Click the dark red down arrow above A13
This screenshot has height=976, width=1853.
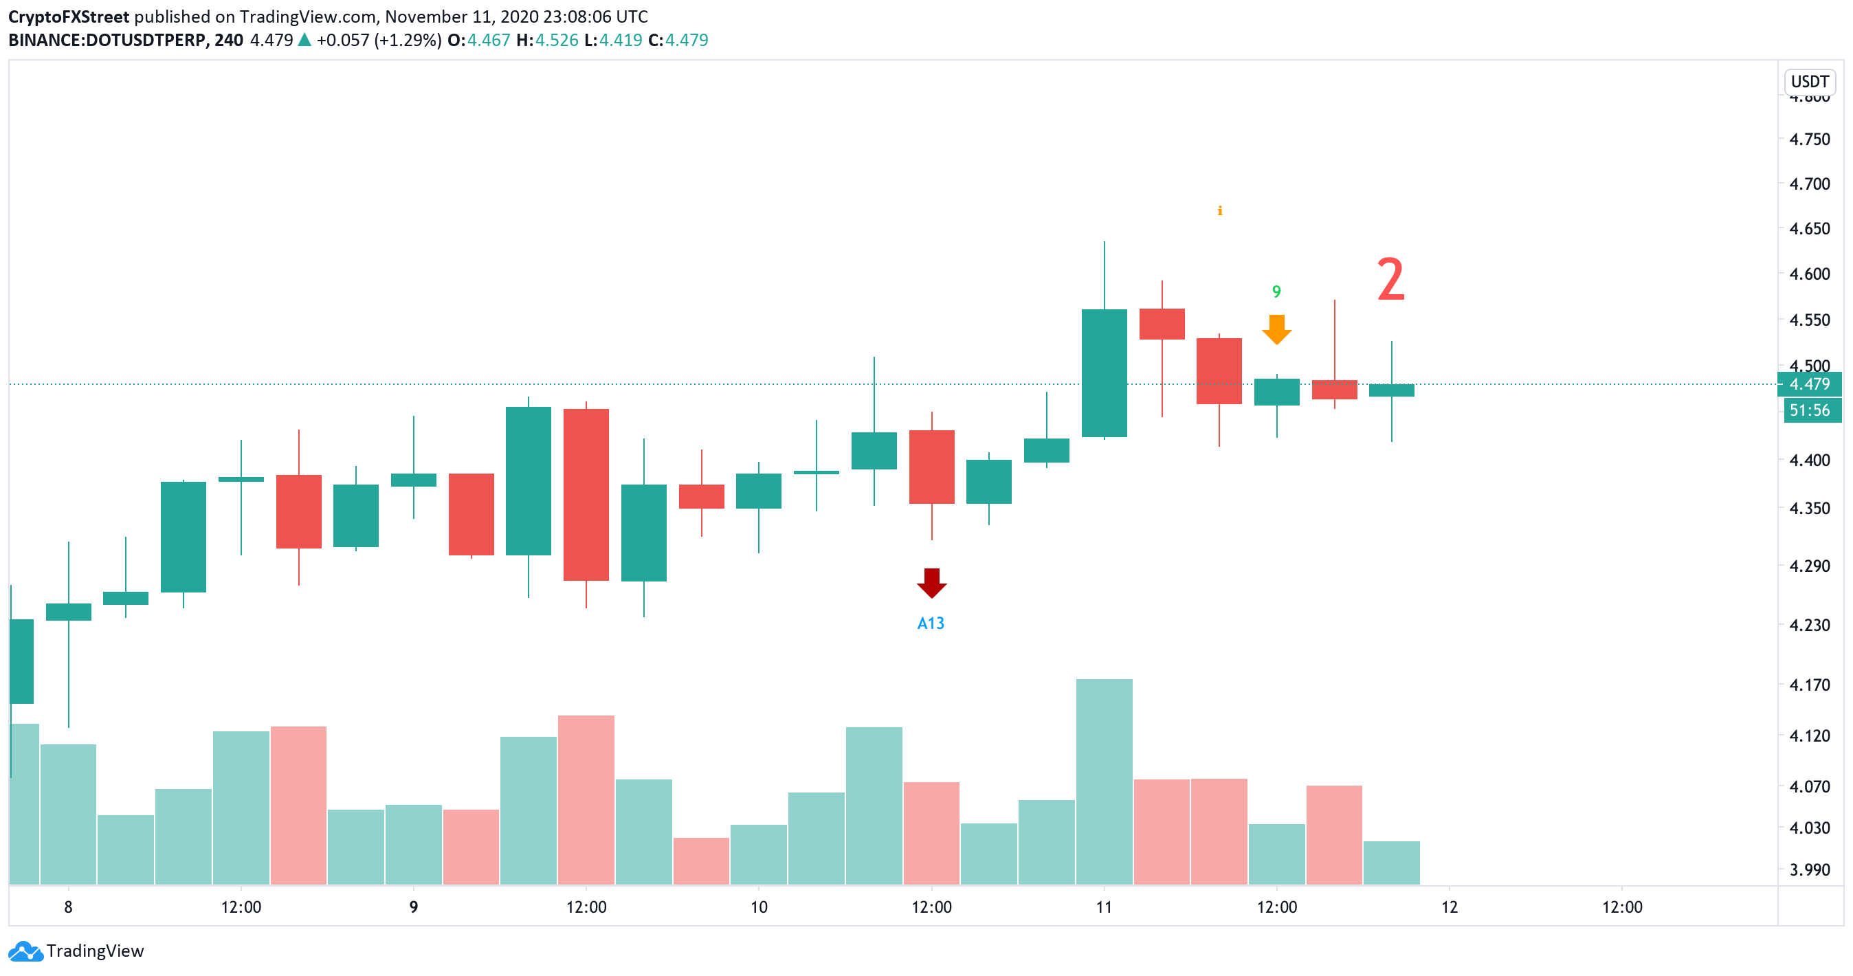click(931, 583)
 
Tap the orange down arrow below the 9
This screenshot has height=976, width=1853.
click(1277, 329)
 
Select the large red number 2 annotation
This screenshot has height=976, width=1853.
click(1390, 280)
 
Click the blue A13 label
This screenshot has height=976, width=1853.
click(931, 623)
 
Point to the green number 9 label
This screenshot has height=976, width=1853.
click(1276, 291)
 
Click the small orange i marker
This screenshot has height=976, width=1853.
click(1220, 211)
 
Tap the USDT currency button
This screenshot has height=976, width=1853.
click(1810, 81)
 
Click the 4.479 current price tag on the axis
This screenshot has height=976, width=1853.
click(1810, 384)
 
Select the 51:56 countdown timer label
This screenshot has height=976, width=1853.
click(1810, 410)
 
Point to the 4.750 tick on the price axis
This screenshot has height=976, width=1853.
click(1810, 139)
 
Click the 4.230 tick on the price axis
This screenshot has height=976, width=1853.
click(1810, 624)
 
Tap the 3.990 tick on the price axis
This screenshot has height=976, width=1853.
click(1810, 869)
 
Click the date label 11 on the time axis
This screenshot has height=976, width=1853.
click(1105, 907)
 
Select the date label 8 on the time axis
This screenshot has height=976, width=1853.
click(68, 907)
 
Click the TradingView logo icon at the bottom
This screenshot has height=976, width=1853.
click(26, 951)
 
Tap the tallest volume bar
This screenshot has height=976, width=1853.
click(1105, 781)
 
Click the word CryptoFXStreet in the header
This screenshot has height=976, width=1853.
click(69, 16)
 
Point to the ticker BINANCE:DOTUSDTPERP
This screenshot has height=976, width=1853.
click(108, 41)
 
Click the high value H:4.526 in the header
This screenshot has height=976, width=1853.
click(547, 41)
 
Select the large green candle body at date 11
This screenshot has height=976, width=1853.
click(1105, 373)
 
